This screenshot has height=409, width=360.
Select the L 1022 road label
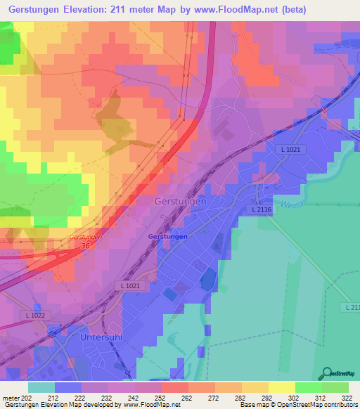tap(33, 315)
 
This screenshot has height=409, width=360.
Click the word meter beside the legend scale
tap(11, 398)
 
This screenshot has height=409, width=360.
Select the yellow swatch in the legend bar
tap(281, 387)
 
